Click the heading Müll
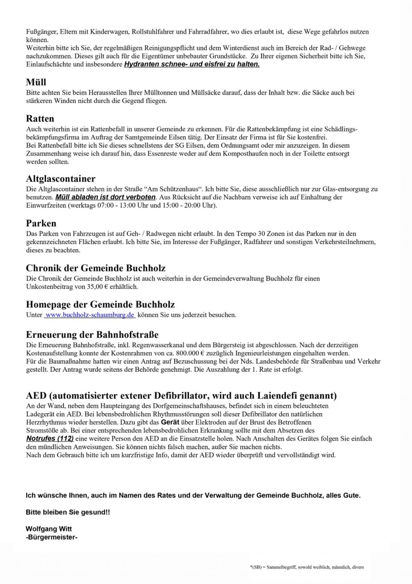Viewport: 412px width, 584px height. coord(36,83)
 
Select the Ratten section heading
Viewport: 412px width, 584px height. coord(40,119)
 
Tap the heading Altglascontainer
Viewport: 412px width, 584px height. coord(61,179)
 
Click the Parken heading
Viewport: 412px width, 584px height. coord(41,224)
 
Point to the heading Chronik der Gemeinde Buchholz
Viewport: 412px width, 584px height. coord(96,268)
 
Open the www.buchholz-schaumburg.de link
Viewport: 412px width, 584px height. coord(90,315)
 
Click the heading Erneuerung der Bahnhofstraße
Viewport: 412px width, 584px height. coord(92,335)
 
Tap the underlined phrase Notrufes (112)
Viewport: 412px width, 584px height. coord(50,439)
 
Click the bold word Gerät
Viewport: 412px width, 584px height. coord(170,422)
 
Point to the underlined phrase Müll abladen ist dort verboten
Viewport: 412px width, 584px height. coord(105,197)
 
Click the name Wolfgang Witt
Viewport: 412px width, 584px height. coord(49,529)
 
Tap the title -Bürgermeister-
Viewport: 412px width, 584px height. coord(51,537)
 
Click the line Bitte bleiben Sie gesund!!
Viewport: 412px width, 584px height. coord(68,512)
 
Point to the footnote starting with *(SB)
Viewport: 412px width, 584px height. coord(307,567)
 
